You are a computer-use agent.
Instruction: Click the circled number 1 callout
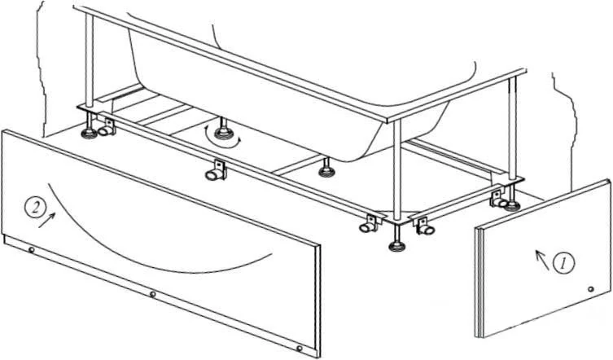(563, 263)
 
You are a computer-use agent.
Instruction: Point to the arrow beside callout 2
(46, 220)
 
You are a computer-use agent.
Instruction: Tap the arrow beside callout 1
(542, 260)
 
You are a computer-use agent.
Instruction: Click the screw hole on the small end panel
(591, 289)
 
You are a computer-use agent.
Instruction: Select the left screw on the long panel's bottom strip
(31, 250)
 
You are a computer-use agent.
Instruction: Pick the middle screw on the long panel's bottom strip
(153, 294)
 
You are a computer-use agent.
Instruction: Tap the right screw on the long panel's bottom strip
(299, 349)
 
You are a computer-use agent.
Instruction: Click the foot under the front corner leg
(397, 246)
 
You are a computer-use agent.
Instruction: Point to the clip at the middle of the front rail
(217, 170)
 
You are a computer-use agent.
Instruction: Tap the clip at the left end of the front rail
(107, 128)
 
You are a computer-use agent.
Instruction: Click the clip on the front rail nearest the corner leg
(370, 224)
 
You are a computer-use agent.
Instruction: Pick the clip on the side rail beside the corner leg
(425, 226)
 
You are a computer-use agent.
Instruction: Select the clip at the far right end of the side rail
(499, 199)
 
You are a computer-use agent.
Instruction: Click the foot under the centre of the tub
(326, 169)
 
